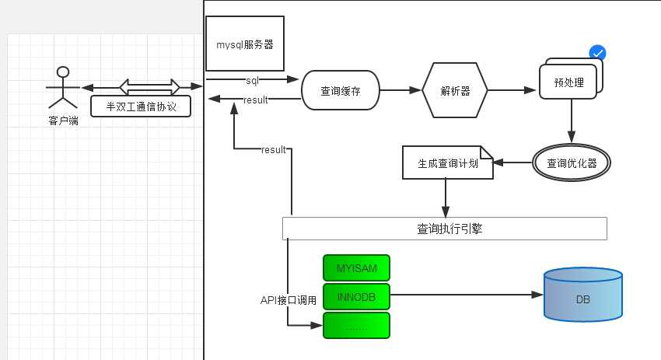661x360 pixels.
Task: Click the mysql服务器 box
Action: [245, 45]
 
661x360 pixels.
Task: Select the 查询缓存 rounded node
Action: [340, 91]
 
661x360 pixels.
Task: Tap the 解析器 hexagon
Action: [455, 91]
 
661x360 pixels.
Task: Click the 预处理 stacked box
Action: [569, 82]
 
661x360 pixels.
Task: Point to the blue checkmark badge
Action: [597, 53]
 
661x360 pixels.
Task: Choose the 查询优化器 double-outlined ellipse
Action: [572, 163]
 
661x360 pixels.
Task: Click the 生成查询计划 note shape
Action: [447, 163]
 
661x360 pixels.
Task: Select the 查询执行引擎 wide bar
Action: [444, 229]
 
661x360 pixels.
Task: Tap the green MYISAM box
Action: [356, 268]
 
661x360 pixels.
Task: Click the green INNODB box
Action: [356, 296]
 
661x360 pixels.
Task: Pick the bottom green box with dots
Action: [356, 326]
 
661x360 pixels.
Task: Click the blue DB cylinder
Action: [582, 295]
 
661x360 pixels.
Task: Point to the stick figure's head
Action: [63, 72]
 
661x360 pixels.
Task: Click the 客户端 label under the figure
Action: [63, 121]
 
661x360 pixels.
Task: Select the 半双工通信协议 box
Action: [141, 106]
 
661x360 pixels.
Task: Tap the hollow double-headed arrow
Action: [149, 86]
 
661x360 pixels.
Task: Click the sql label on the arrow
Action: [252, 80]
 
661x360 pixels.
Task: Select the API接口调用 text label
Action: [289, 300]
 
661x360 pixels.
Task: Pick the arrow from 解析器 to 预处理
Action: [513, 91]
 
